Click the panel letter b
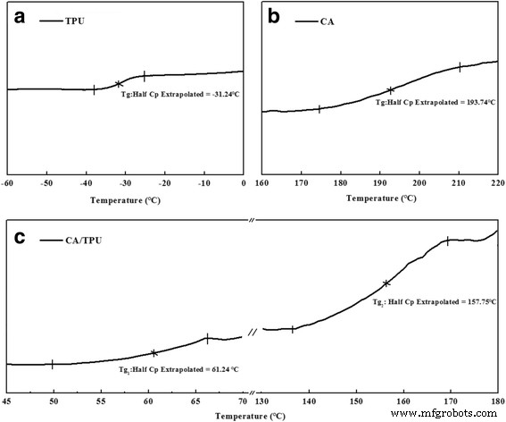pyautogui.click(x=275, y=18)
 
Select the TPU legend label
pyautogui.click(x=77, y=19)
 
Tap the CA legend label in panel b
pyautogui.click(x=330, y=19)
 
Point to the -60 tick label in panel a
pyautogui.click(x=7, y=183)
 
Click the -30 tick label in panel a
pyautogui.click(x=126, y=183)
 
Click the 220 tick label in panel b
pyautogui.click(x=495, y=183)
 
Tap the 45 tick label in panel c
pyautogui.click(x=7, y=402)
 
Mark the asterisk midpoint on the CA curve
pyautogui.click(x=390, y=89)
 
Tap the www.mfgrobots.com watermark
pyautogui.click(x=447, y=414)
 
